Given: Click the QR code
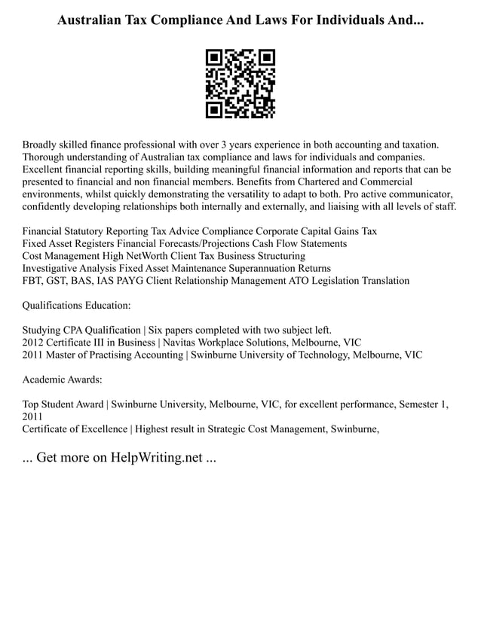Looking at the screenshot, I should [240, 84].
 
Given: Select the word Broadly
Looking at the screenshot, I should [44, 144].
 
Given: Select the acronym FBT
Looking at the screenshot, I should [34, 281].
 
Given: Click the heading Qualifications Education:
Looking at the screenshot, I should [77, 306].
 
